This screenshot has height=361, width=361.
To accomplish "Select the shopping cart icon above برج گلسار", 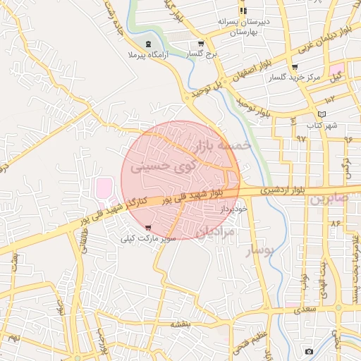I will tap(201, 42).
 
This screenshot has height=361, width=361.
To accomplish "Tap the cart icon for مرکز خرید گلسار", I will tap(294, 67).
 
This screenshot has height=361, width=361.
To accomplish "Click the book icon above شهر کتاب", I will tap(322, 114).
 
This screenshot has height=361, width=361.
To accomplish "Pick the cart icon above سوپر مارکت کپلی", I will tap(147, 227).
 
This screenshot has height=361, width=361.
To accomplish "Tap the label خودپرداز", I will tap(231, 209).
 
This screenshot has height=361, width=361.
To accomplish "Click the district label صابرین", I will tap(329, 200).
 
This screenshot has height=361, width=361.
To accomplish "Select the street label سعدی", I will tap(307, 308).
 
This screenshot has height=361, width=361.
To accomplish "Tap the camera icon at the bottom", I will tap(308, 351).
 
